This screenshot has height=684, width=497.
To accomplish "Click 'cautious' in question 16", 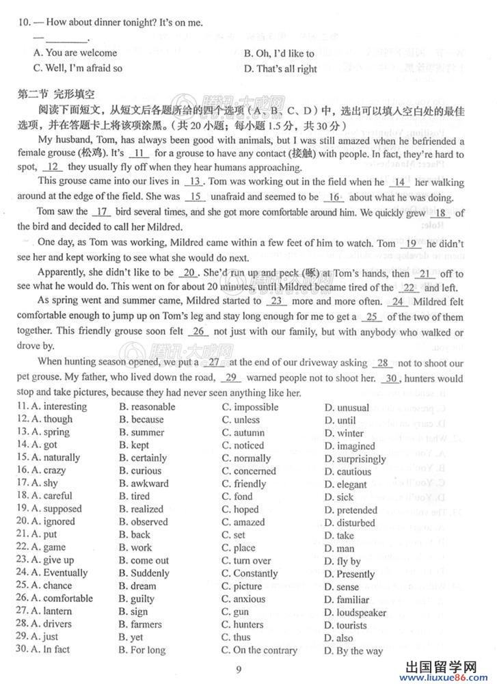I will coord(353,471).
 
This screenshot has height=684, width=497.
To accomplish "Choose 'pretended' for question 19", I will coord(356,510).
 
